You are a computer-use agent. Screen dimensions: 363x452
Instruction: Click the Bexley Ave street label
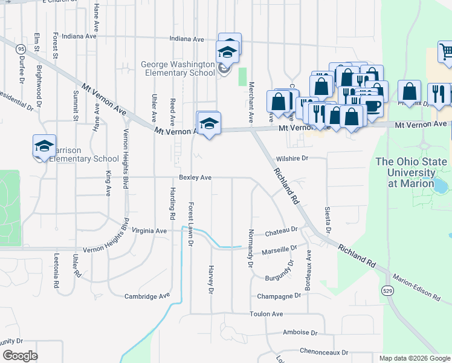click(195, 178)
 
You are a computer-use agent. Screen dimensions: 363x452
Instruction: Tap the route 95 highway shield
click(21, 48)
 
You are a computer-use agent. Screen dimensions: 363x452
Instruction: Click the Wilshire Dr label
click(292, 158)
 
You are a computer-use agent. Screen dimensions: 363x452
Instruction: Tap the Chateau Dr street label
click(282, 230)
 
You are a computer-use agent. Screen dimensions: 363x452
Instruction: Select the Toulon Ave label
click(266, 314)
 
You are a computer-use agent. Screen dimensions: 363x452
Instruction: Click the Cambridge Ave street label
click(147, 296)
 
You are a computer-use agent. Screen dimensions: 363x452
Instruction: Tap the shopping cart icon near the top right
click(445, 52)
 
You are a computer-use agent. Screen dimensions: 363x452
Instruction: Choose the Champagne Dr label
click(279, 296)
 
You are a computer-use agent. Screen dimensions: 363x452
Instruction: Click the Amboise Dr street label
click(300, 333)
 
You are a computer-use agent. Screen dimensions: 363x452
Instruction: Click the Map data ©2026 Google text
click(415, 358)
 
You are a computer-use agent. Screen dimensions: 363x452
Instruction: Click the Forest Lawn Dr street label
click(190, 224)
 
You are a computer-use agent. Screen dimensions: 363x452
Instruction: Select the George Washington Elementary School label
click(178, 68)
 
